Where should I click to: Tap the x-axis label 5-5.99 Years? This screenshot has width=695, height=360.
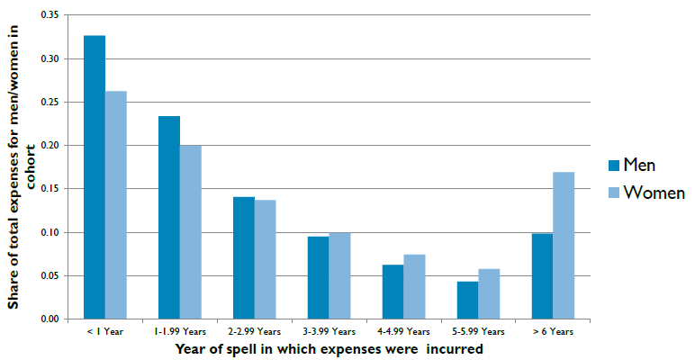pyautogui.click(x=477, y=332)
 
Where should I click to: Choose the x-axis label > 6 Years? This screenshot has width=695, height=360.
pyautogui.click(x=551, y=332)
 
